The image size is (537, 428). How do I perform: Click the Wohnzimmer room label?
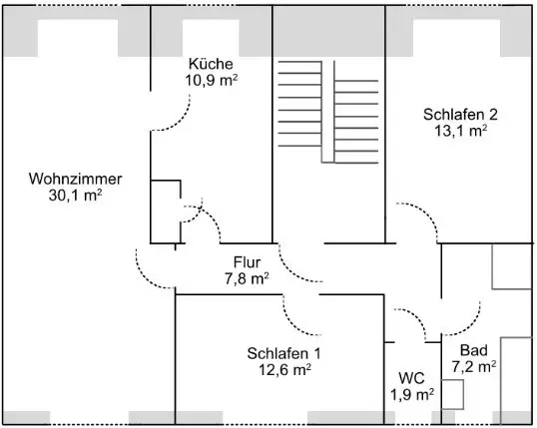75,179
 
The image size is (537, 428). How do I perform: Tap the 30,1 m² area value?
75,196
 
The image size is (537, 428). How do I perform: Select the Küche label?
211,64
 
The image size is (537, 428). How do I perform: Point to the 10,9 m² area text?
212,80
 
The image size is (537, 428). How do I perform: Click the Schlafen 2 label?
460,115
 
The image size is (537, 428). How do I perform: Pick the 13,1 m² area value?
460,131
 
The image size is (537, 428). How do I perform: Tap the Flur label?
247,262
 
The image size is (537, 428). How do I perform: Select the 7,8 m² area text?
247,278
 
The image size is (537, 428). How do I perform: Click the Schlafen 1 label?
284,354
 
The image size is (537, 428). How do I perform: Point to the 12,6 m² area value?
284,370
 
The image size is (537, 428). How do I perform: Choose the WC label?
411,378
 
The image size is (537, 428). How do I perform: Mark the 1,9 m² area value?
412,395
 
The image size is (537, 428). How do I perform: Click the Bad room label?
474,350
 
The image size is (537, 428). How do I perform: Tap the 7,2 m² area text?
474,367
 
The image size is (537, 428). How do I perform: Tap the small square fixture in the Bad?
452,394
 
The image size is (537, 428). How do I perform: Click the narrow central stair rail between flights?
327,112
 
